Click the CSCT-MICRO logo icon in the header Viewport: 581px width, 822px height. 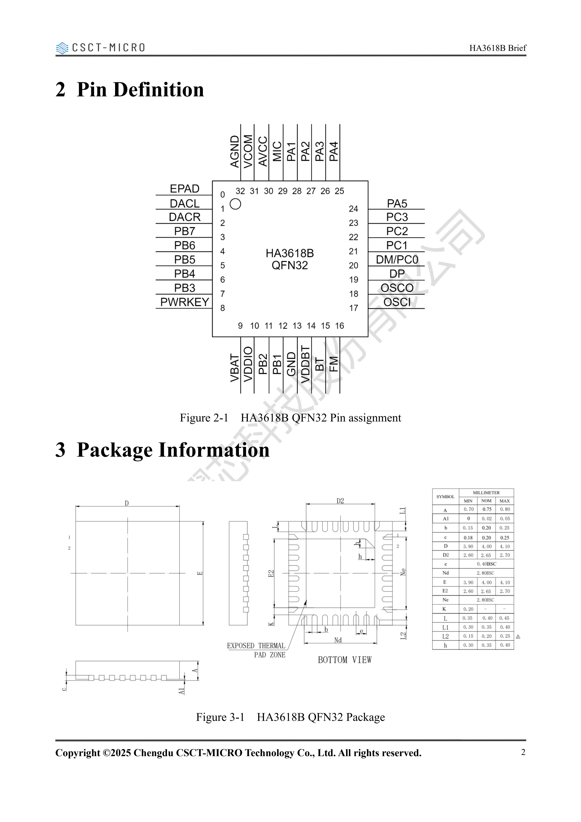coord(62,48)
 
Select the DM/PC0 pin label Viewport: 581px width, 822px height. coord(397,259)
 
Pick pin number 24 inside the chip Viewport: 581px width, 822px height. coord(354,209)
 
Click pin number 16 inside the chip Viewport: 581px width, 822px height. coord(339,326)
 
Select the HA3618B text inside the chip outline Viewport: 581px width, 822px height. coord(290,253)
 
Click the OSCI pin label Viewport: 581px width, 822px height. coord(397,302)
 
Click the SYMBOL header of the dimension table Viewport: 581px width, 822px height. coord(445,497)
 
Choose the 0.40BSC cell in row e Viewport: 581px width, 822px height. coord(486,564)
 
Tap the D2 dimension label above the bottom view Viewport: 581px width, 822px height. coord(340,501)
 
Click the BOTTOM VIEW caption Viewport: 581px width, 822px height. coord(345,660)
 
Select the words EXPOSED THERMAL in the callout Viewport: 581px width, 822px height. coord(256,646)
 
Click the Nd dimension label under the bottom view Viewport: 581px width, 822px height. coord(338,640)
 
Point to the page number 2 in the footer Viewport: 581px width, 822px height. coord(523,752)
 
